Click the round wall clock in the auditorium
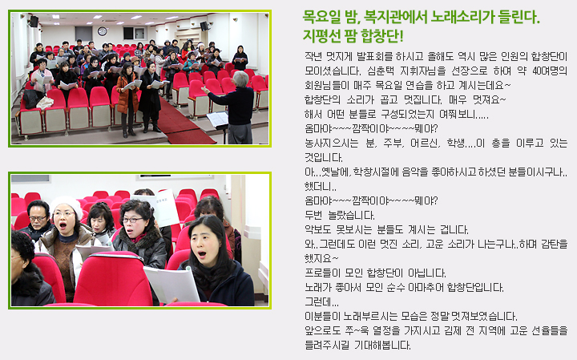(103, 31)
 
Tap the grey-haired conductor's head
(241, 79)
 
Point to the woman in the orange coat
(127, 99)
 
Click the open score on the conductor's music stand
(217, 119)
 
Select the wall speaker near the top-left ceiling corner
(34, 22)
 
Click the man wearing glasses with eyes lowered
(38, 220)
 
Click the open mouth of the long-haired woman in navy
(202, 254)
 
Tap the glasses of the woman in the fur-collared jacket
(131, 220)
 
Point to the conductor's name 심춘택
(379, 71)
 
